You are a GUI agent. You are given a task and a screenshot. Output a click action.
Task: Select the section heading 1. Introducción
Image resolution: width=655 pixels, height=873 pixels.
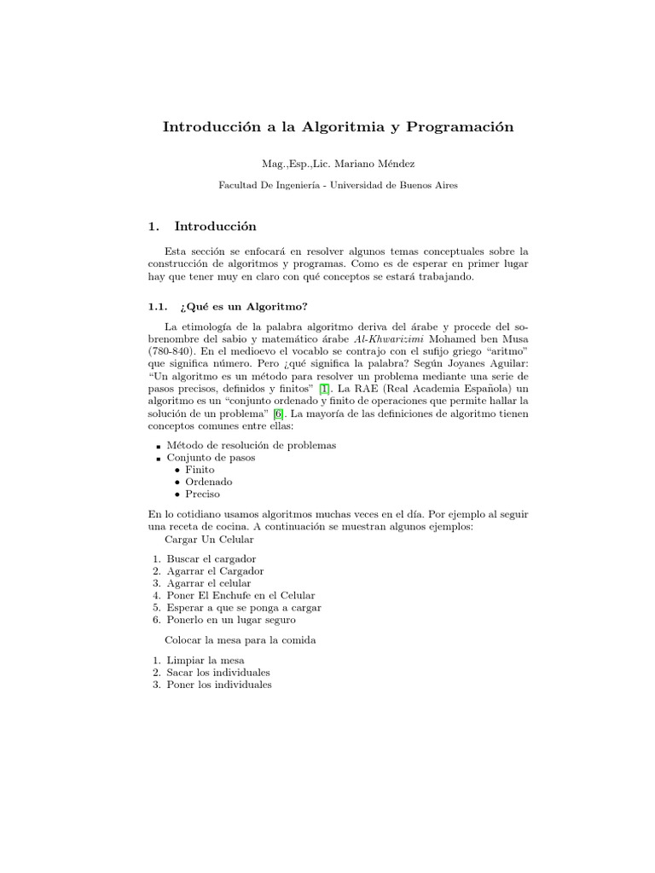coord(202,226)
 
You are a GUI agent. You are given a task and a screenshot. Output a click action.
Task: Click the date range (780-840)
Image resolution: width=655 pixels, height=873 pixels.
coord(171,350)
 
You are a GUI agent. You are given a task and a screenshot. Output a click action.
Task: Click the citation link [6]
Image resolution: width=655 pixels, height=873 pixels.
coord(278,413)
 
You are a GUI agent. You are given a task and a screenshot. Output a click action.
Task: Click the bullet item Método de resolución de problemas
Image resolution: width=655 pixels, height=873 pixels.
coord(252,445)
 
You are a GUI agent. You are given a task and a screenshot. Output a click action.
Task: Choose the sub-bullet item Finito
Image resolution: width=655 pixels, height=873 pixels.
coord(200,469)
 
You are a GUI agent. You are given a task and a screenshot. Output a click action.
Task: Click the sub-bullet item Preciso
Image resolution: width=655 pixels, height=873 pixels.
coord(203,493)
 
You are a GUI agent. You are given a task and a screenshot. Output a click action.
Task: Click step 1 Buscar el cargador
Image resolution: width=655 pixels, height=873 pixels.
coord(212,558)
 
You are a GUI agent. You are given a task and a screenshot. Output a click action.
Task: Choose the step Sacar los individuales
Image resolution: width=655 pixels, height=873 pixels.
coord(218,672)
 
